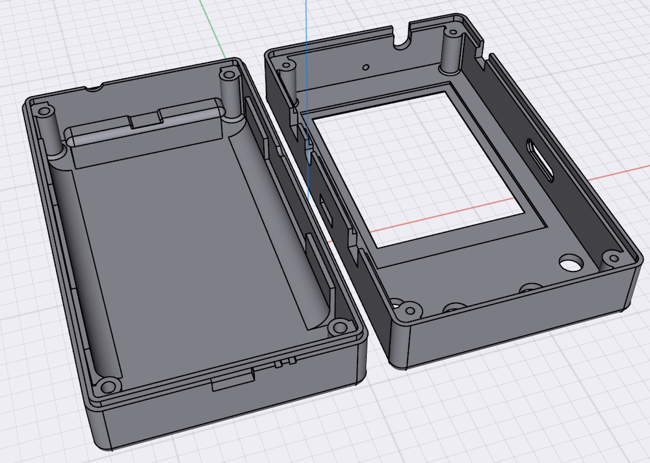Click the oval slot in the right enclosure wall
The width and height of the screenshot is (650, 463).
(x=541, y=159)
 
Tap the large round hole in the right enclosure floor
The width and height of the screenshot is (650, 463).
(x=570, y=263)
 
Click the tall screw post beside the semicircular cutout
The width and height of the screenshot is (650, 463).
(x=450, y=49)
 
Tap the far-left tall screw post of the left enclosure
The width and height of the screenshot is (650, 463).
(x=46, y=130)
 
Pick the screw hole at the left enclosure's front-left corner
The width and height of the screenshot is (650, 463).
(x=109, y=384)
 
